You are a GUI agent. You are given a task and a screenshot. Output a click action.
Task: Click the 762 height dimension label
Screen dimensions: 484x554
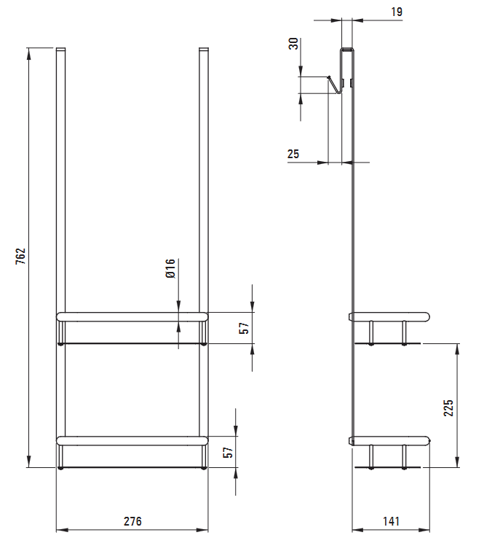20,257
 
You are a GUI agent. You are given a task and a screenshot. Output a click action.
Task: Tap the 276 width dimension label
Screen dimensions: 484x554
132,521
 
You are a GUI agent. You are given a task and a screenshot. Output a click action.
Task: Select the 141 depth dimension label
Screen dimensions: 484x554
391,521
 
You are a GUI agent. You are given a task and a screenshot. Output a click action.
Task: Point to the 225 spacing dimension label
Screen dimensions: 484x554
448,408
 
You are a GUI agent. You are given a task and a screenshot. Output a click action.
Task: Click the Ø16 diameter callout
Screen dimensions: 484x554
170,268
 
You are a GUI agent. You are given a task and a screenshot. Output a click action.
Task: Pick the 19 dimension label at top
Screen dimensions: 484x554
397,12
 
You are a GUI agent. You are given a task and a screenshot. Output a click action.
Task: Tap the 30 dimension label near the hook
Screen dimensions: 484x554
293,44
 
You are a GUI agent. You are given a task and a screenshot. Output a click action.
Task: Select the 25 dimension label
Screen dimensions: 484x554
293,154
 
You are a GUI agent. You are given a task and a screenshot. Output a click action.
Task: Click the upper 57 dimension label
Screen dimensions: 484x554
244,328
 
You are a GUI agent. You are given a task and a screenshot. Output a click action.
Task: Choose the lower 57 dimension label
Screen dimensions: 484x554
229,452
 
